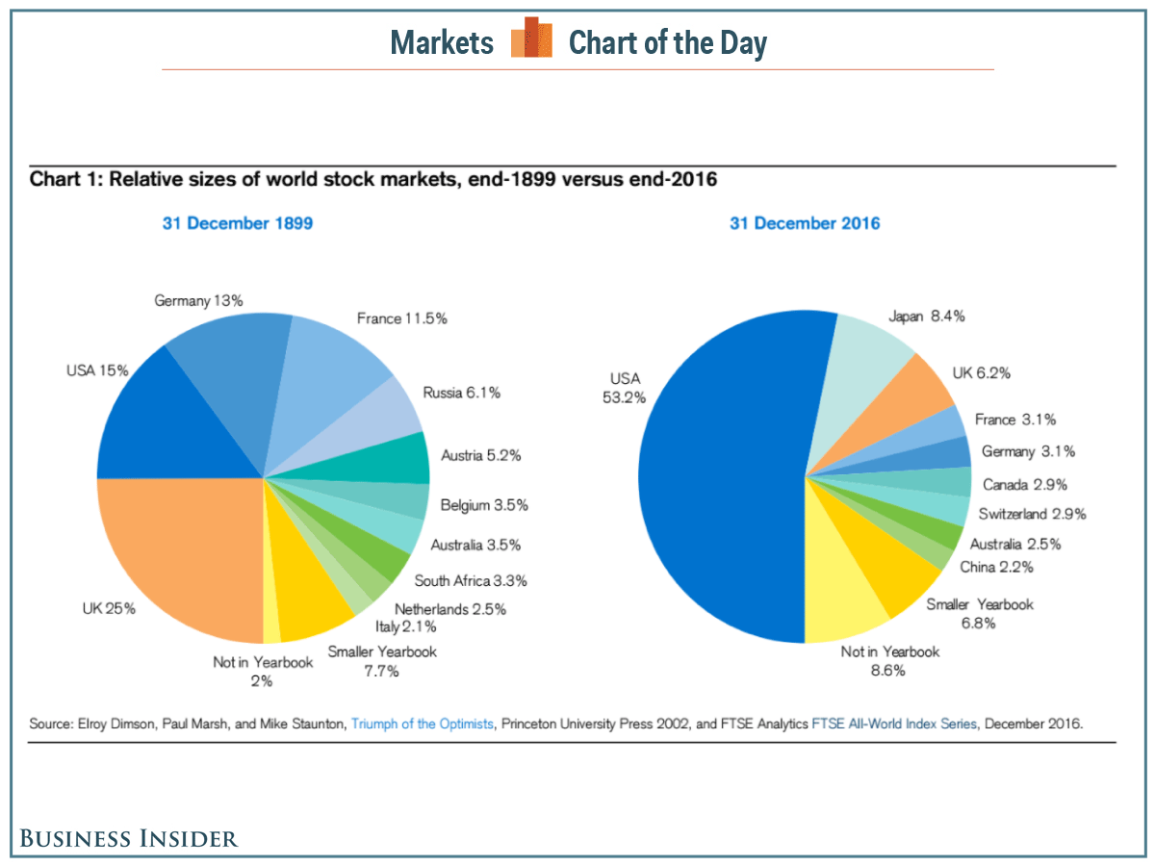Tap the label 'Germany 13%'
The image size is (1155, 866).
click(x=198, y=301)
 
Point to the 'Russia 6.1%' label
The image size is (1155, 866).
click(x=461, y=393)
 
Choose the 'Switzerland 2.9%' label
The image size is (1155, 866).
click(x=1032, y=514)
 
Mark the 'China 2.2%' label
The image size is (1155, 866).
click(x=996, y=567)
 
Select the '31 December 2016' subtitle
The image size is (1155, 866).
click(x=804, y=223)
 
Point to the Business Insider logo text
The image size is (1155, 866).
click(x=129, y=838)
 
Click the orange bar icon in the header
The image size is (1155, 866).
click(x=531, y=40)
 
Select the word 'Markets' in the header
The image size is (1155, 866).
click(x=442, y=43)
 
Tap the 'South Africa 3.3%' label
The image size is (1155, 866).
click(x=470, y=580)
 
